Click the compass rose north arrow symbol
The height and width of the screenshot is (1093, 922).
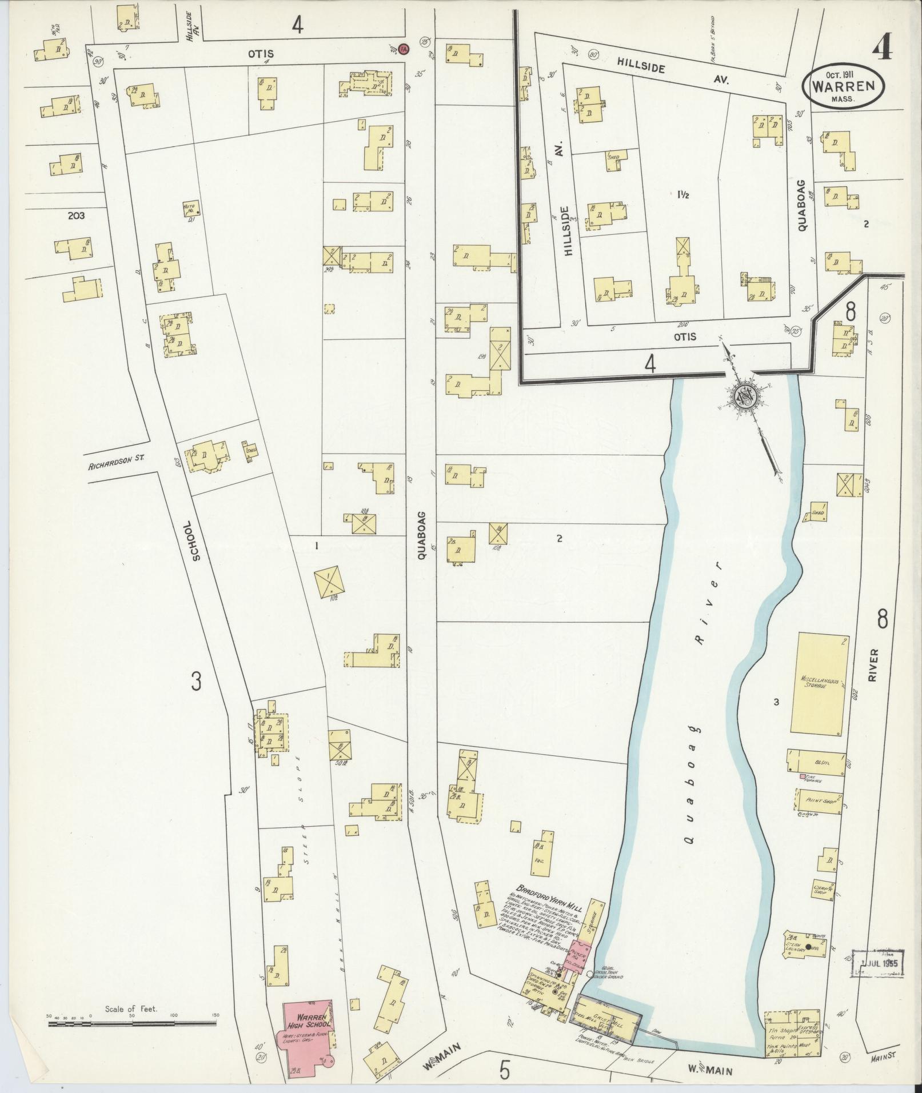(x=745, y=394)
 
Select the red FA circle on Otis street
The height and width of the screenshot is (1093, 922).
(x=404, y=49)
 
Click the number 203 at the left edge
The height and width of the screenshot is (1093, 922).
(x=75, y=216)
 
